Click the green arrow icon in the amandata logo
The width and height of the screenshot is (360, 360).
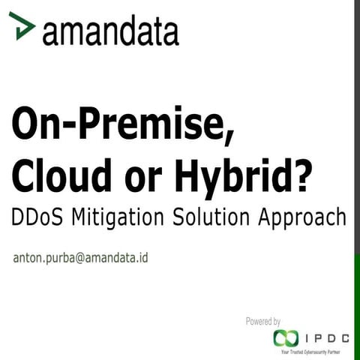coord(25,28)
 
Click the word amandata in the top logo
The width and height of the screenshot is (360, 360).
coord(110,31)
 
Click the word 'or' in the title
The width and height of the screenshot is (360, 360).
coord(147,177)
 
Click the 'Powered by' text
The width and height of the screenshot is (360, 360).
coord(263,321)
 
